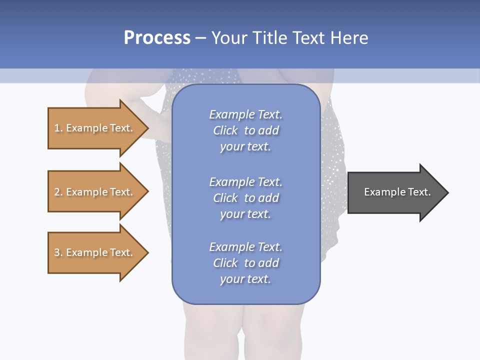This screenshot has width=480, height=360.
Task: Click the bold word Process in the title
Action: click(157, 38)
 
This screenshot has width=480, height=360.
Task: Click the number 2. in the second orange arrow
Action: click(58, 192)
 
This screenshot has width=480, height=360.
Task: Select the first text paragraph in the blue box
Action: click(245, 130)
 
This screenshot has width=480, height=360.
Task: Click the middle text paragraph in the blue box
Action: click(245, 198)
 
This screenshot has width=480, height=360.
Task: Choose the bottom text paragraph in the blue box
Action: click(245, 263)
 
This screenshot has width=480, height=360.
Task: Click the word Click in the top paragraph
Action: click(225, 130)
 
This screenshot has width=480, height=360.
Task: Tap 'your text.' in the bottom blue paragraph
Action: click(245, 279)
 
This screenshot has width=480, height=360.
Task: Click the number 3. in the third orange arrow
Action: click(58, 252)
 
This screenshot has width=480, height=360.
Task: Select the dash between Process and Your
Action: click(201, 38)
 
